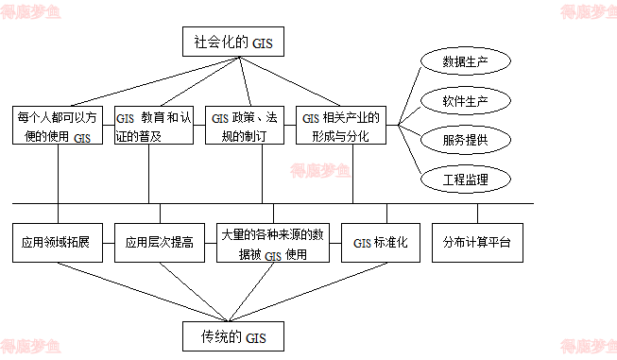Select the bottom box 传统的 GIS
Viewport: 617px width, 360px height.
click(235, 335)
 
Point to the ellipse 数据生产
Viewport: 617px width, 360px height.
click(465, 62)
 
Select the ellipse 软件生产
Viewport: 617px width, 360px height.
click(465, 100)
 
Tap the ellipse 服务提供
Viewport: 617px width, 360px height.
click(465, 139)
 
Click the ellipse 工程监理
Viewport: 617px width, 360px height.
click(465, 178)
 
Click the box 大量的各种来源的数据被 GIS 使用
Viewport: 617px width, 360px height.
click(272, 242)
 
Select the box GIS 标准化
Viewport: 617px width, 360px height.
click(380, 242)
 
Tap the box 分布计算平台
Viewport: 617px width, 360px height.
click(476, 242)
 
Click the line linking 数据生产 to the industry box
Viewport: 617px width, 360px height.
click(412, 90)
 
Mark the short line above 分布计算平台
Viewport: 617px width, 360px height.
click(476, 214)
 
